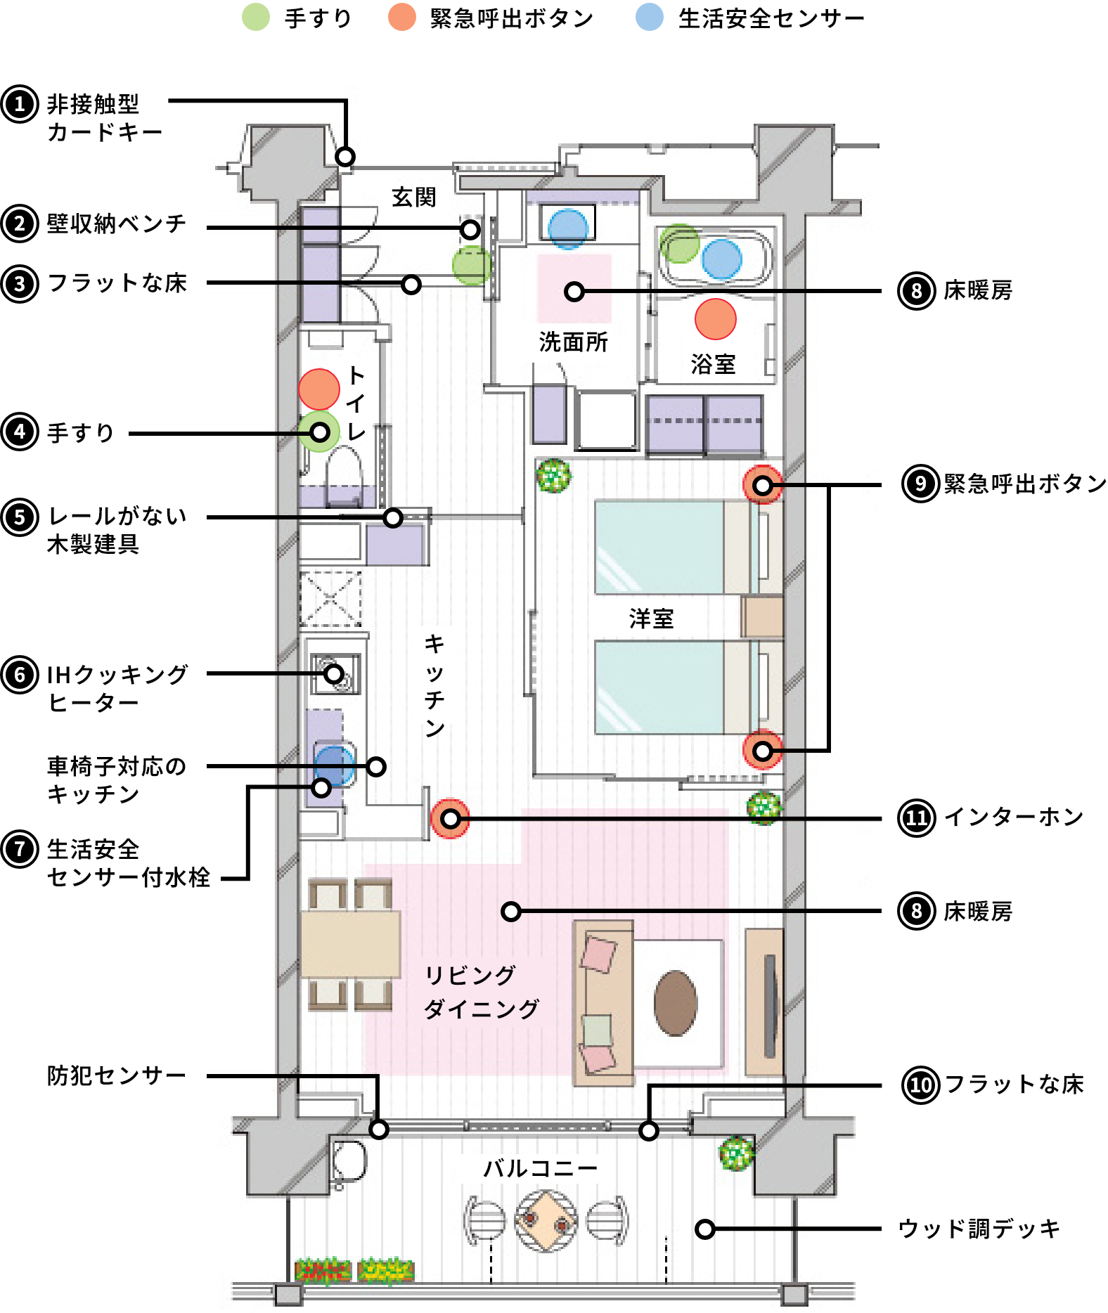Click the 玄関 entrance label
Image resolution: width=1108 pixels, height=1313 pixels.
tap(413, 197)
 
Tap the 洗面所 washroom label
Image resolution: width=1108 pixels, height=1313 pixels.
tap(573, 342)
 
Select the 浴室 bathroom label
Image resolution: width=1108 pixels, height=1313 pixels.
tap(713, 364)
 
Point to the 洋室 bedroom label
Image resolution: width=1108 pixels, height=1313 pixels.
tap(651, 619)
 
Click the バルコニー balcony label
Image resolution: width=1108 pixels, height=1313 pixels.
tap(539, 1168)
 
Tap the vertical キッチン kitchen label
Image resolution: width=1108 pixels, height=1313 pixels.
tap(434, 685)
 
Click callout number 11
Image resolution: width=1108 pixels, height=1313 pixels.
tap(916, 818)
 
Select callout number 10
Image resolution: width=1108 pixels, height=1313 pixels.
tap(920, 1085)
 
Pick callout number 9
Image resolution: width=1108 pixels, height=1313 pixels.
tap(920, 484)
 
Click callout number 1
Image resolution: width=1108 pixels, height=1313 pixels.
tap(20, 104)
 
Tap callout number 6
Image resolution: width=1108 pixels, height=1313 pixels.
tap(20, 675)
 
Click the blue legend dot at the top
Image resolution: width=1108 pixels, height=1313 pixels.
tap(649, 17)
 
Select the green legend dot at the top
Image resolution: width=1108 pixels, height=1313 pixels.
tap(256, 17)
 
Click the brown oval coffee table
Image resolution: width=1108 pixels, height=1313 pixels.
tap(675, 1003)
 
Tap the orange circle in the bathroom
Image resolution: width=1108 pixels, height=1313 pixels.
tap(715, 318)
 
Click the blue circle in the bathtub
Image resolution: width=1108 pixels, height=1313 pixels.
tap(721, 259)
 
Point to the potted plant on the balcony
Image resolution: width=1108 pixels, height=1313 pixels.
tap(735, 1153)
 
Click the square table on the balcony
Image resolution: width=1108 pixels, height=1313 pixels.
tap(546, 1221)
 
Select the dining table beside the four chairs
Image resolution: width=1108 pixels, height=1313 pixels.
tap(350, 944)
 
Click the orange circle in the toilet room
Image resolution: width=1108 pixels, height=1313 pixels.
tap(319, 389)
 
